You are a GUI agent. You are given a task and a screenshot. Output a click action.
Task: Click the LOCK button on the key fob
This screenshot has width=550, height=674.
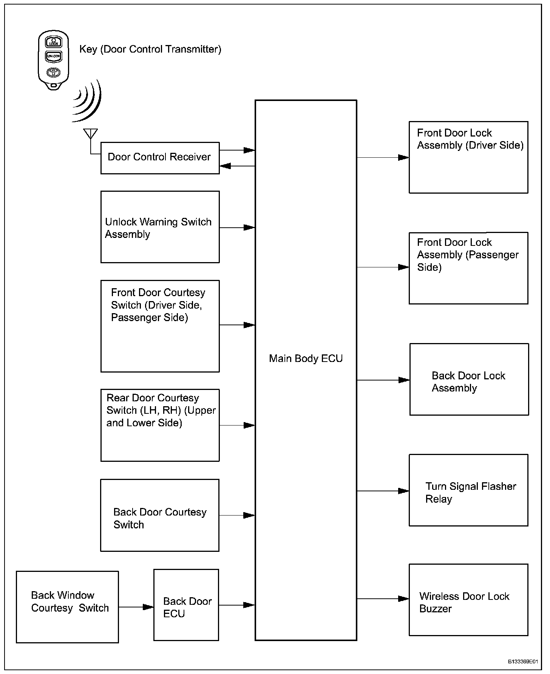point(53,42)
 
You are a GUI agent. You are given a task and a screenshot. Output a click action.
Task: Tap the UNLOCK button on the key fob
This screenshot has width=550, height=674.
point(53,56)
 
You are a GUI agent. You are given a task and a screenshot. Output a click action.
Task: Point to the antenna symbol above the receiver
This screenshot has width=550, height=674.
point(90,134)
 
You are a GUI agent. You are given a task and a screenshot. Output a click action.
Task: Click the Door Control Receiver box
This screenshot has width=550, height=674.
point(160,158)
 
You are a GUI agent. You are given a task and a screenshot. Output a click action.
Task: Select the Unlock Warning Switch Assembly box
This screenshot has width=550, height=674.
point(160,227)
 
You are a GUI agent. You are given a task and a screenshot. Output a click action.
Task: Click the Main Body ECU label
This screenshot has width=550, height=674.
point(306,359)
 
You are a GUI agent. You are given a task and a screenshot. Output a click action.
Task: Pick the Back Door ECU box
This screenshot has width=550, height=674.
point(186,605)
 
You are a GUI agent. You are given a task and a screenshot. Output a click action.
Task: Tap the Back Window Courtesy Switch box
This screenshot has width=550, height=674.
point(67,607)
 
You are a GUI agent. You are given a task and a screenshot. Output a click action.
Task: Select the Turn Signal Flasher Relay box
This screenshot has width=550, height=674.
point(468,490)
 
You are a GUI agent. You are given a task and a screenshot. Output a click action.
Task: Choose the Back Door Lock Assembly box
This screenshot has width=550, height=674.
point(469,379)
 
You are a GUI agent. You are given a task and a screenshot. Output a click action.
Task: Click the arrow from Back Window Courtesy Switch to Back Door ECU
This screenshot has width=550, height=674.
point(136,607)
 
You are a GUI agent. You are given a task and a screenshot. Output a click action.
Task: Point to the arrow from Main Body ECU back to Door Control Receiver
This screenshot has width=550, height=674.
point(237,166)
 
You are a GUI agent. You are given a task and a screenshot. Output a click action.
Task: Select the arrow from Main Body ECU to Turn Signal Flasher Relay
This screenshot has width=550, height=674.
point(383,491)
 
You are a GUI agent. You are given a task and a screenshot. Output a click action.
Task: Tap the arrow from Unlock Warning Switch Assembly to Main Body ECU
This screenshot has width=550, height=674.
point(237,228)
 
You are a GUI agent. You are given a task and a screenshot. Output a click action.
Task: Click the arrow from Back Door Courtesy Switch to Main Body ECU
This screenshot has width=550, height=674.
point(237,515)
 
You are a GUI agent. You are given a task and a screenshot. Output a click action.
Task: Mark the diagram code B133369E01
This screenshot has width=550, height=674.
point(523,662)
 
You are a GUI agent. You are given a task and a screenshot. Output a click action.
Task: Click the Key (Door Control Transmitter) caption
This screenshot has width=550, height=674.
point(150,49)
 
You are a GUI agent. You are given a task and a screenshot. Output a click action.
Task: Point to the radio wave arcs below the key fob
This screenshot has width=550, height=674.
point(88,101)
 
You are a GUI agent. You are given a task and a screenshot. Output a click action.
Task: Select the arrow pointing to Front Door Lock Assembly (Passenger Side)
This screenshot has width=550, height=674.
point(383,267)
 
